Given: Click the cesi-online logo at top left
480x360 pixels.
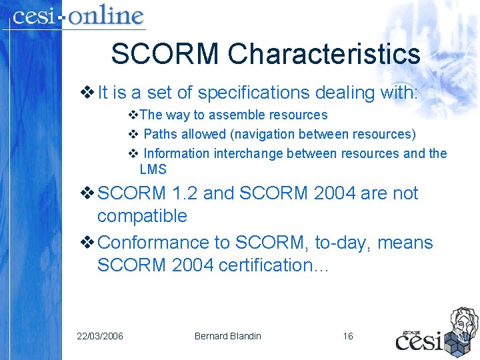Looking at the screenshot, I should point(78,16).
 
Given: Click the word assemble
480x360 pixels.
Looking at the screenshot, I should point(225,115).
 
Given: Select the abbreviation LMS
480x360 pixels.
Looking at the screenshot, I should point(153,169).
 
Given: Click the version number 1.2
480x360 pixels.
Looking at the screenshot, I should point(184,193).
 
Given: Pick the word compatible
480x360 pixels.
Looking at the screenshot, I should point(142,216).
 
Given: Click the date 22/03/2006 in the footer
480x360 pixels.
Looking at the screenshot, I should point(100,336).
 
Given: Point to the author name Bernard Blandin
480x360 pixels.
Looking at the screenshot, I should point(227,336).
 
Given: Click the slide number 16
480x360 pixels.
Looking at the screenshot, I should point(348,336).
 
